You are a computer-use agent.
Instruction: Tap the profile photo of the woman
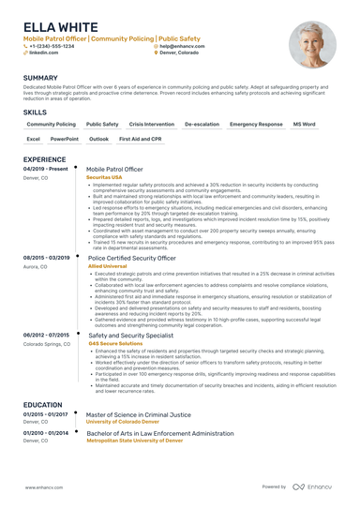(311, 44)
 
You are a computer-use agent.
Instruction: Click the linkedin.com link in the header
(43, 53)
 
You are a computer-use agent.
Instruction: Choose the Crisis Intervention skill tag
(151, 124)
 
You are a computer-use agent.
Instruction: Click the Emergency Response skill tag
(255, 124)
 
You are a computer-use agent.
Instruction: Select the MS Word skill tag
(304, 124)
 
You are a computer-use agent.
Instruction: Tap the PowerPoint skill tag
(65, 139)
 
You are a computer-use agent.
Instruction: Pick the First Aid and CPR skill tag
(140, 139)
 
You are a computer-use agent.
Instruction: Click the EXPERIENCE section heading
(44, 159)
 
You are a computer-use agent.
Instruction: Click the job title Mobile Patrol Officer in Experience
(114, 169)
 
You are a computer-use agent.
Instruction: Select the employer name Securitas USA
(104, 176)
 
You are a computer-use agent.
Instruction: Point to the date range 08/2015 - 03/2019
(46, 257)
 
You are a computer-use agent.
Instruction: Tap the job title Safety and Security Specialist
(130, 334)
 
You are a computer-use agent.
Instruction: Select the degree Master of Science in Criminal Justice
(139, 413)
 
